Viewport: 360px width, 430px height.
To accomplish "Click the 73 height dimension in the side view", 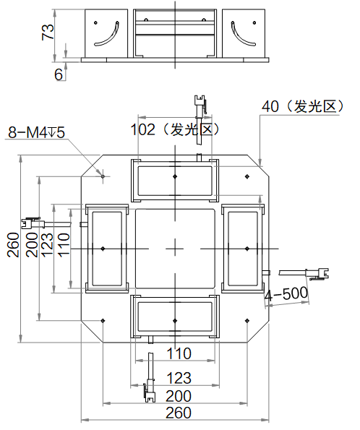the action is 48,33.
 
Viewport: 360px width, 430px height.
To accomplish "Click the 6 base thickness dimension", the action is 59,74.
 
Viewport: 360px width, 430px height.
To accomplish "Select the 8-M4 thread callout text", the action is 36,132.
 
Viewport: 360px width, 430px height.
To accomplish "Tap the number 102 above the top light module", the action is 142,129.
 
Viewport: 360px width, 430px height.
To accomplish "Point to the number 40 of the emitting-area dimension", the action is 270,106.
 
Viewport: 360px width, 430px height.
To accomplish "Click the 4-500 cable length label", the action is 286,294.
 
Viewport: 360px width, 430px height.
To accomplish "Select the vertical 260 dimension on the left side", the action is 14,245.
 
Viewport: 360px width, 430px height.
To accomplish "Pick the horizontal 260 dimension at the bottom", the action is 179,413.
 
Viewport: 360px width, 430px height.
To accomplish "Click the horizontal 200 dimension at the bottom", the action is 179,396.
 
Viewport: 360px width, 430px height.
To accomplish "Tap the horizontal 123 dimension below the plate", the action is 179,378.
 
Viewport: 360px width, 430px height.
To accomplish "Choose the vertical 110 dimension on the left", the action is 64,245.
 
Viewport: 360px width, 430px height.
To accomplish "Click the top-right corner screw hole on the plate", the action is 247,176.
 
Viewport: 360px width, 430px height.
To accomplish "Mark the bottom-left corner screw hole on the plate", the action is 103,321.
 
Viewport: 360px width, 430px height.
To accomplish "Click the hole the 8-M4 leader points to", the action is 103,176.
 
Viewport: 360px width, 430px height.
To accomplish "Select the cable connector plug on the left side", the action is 33,223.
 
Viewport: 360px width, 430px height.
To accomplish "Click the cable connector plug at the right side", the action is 317,274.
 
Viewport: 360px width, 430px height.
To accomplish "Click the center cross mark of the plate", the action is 175,249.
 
